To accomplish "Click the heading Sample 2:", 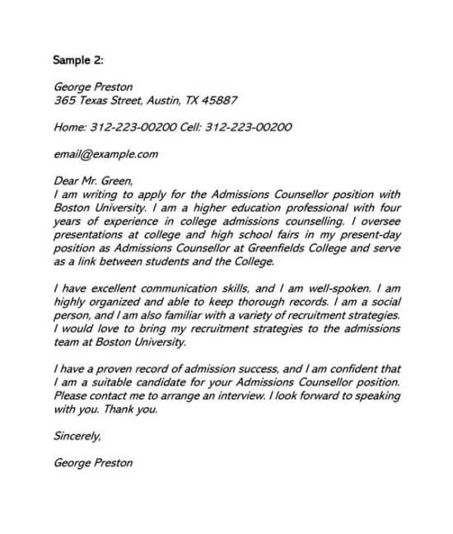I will pos(79,60).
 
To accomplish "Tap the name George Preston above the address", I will pos(92,87).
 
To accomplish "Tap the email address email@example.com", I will pos(105,154).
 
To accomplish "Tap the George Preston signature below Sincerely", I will pos(92,462).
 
